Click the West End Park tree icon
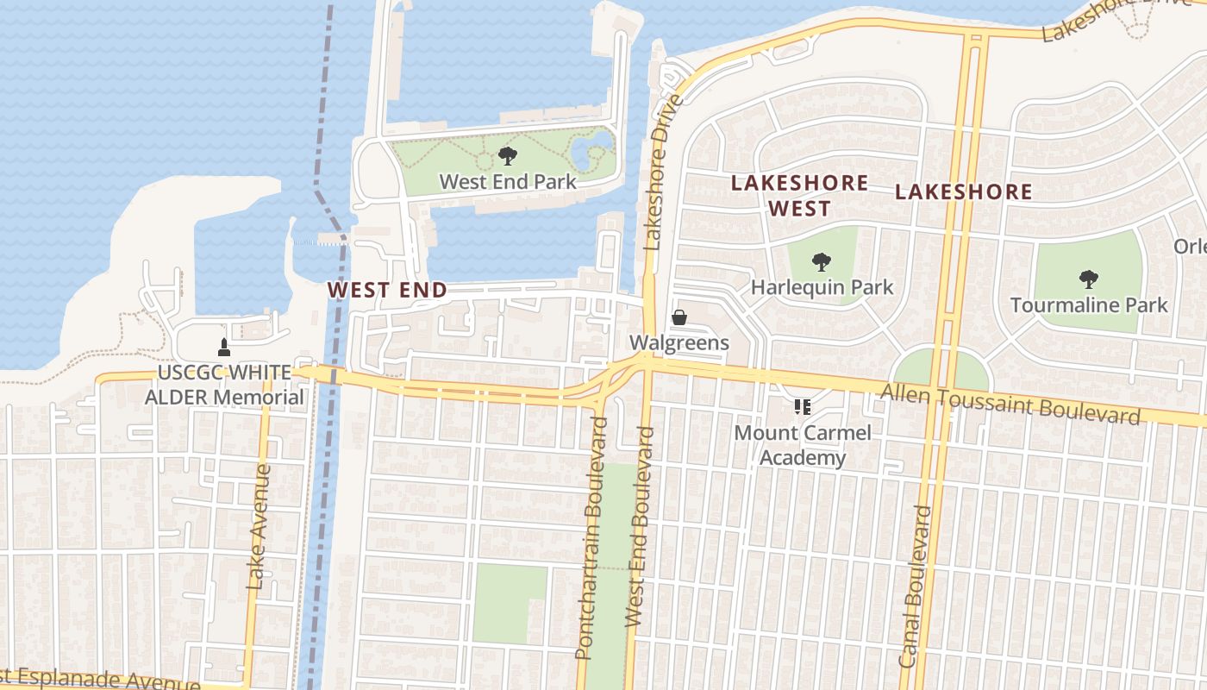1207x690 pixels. pos(508,156)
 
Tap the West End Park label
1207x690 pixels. pos(508,182)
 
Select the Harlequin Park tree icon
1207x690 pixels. pos(822,261)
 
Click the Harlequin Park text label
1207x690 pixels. pos(822,287)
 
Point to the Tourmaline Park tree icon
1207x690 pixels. pos(1089,279)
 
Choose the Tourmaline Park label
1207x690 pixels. pos(1089,305)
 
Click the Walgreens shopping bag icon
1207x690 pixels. pos(679,317)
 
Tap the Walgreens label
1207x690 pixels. pos(679,342)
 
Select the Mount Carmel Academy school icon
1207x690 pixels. pos(803,406)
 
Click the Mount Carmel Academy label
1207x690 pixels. pos(803,445)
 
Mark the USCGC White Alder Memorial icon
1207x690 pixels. pos(224,347)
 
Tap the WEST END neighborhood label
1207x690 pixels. pos(388,290)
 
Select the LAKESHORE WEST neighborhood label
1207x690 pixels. pos(799,196)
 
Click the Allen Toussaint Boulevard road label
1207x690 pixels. pos(1010,404)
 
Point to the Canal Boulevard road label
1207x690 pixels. pos(916,586)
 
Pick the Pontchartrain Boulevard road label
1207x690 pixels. pos(592,538)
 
